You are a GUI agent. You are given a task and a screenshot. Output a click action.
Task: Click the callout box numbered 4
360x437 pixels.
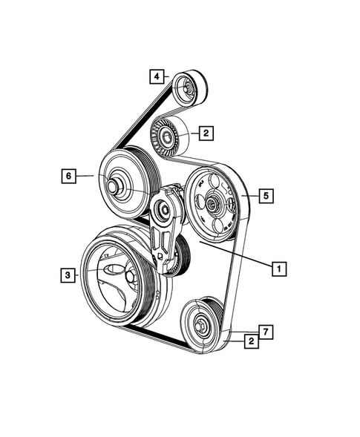coord(157,76)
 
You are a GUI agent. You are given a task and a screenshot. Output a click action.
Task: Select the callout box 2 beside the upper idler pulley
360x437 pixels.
coord(206,134)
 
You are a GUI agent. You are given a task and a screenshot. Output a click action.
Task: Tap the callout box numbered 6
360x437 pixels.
coord(68,176)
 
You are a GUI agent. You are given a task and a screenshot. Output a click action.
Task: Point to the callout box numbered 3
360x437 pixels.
coord(68,275)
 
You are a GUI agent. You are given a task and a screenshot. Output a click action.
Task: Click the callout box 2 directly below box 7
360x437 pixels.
coord(253,341)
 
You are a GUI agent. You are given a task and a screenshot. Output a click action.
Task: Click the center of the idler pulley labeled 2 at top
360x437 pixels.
coord(166,137)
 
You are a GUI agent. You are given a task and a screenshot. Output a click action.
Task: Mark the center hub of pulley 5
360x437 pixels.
coord(212,202)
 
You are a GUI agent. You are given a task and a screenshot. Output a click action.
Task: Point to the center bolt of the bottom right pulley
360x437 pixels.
coord(198,324)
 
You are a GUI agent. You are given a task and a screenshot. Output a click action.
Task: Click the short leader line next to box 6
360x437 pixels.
coord(85,176)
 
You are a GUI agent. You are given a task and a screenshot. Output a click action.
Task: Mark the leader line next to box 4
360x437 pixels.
coord(168,76)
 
